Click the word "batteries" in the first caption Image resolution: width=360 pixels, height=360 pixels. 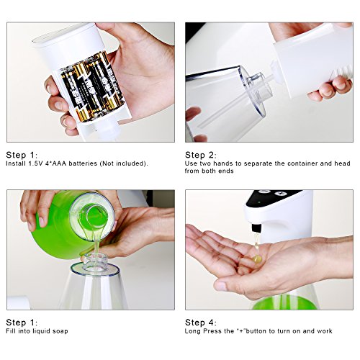[83, 163]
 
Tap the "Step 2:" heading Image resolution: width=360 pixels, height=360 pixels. [201, 155]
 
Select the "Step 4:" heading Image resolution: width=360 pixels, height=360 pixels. [201, 323]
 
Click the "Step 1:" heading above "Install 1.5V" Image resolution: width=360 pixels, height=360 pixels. [22, 155]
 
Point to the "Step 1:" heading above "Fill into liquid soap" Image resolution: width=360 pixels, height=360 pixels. [22, 323]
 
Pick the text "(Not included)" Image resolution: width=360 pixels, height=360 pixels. [123, 163]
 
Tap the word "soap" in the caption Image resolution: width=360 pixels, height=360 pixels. [60, 331]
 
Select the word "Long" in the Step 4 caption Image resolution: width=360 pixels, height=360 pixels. [193, 331]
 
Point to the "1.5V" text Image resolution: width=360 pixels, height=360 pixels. [36, 163]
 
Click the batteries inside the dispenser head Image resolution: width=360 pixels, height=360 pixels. [92, 88]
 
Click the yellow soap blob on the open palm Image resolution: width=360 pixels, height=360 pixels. [257, 258]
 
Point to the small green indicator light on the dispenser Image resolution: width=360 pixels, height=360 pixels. [259, 202]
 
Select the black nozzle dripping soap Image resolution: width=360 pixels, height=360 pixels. [256, 228]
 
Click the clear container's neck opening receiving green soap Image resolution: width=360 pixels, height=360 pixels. [96, 261]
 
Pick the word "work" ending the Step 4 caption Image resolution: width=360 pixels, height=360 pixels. [325, 331]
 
